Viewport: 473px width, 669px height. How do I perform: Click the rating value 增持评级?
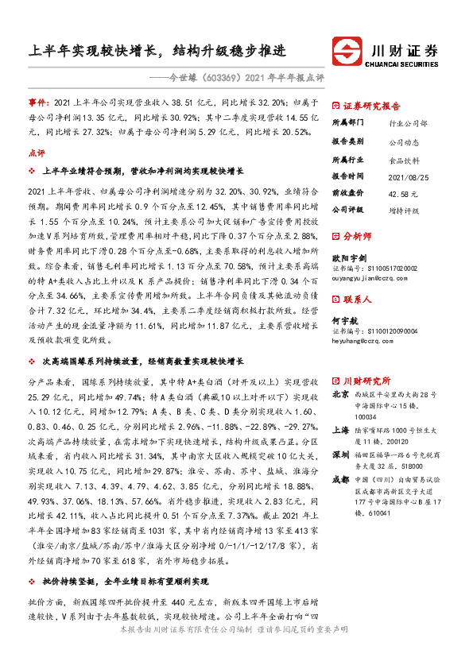click(405, 210)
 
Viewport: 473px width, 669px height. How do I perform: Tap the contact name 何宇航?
click(343, 321)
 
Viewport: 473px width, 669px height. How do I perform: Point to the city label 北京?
click(339, 393)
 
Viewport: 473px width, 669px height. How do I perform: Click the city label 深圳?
click(339, 454)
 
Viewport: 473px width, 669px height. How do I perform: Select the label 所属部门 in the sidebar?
click(347, 123)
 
